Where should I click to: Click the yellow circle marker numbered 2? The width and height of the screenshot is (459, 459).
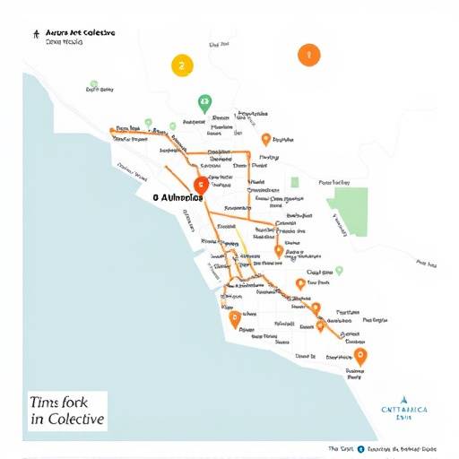pyautogui.click(x=182, y=65)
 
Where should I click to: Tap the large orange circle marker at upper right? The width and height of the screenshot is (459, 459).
pyautogui.click(x=307, y=55)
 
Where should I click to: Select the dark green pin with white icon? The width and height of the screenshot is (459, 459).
pyautogui.click(x=204, y=102)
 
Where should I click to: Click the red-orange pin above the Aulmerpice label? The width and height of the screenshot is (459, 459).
pyautogui.click(x=200, y=185)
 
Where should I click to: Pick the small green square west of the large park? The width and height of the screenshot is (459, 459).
pyautogui.click(x=294, y=183)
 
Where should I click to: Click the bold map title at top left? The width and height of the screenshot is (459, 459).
pyautogui.click(x=80, y=32)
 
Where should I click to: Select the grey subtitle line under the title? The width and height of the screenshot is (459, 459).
pyautogui.click(x=65, y=43)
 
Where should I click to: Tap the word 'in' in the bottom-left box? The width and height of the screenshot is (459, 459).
pyautogui.click(x=36, y=420)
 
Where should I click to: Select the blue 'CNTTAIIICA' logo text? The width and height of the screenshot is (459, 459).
pyautogui.click(x=404, y=409)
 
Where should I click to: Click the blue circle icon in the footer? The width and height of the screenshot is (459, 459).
pyautogui.click(x=360, y=448)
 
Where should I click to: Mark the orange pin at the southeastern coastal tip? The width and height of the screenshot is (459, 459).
pyautogui.click(x=361, y=356)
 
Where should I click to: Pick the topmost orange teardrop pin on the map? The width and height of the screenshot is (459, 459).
pyautogui.click(x=265, y=138)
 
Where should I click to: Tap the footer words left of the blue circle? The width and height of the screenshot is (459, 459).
pyautogui.click(x=340, y=448)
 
